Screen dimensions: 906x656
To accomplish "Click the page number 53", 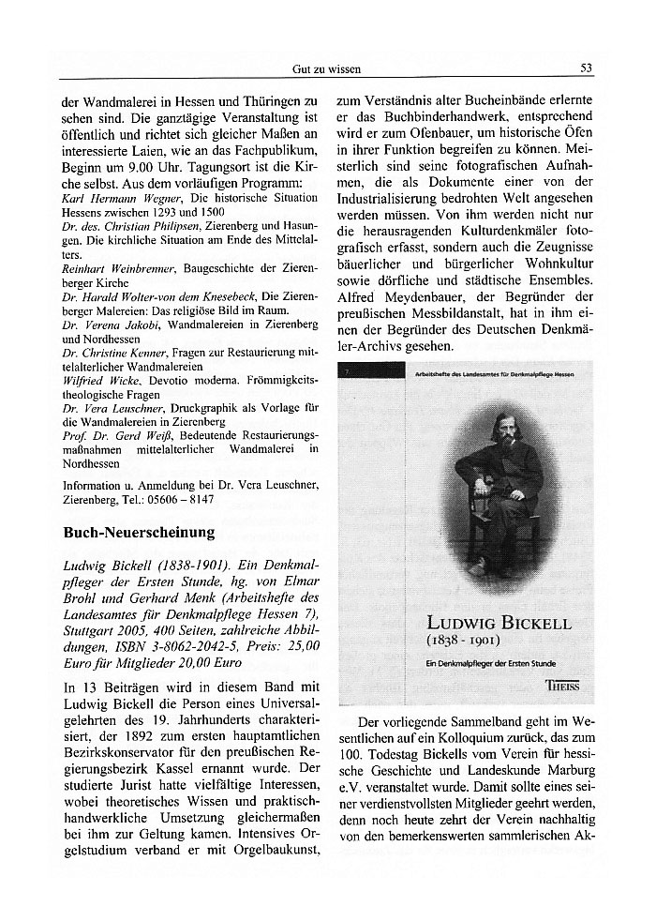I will point(587,68).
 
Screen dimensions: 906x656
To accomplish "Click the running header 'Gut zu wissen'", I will point(326,68).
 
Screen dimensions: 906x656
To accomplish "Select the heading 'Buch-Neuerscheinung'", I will point(139,533).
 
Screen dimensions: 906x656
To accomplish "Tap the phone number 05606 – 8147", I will point(180,500).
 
